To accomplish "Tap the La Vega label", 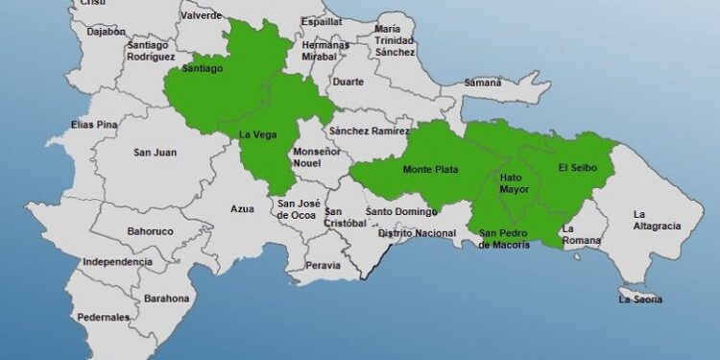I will pyautogui.click(x=257, y=134).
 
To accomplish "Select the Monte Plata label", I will pyautogui.click(x=430, y=170).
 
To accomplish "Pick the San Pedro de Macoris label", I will pyautogui.click(x=504, y=238).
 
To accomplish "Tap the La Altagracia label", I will pyautogui.click(x=657, y=220).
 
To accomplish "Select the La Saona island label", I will pyautogui.click(x=639, y=300).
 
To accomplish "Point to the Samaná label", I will pyautogui.click(x=483, y=83).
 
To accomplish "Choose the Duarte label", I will pyautogui.click(x=348, y=82).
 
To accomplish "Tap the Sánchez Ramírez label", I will pyautogui.click(x=369, y=130).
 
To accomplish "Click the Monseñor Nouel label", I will pyautogui.click(x=317, y=158).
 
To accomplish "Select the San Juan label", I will pyautogui.click(x=154, y=152).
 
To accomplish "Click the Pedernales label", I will pyautogui.click(x=103, y=317).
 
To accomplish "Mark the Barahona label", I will pyautogui.click(x=167, y=299).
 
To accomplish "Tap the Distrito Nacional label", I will pyautogui.click(x=417, y=233).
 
